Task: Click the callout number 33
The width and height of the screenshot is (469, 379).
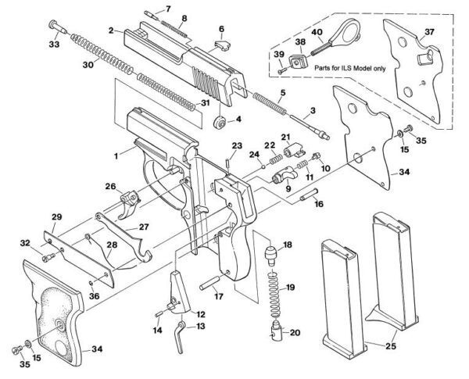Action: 53,46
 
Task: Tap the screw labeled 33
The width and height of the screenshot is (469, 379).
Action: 55,24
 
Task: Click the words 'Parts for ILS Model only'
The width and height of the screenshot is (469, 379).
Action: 350,68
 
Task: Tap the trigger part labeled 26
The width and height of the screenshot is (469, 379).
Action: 128,204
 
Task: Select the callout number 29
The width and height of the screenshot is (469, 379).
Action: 56,216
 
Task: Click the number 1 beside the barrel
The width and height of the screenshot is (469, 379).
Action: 116,156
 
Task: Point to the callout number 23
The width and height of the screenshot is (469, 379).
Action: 237,146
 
